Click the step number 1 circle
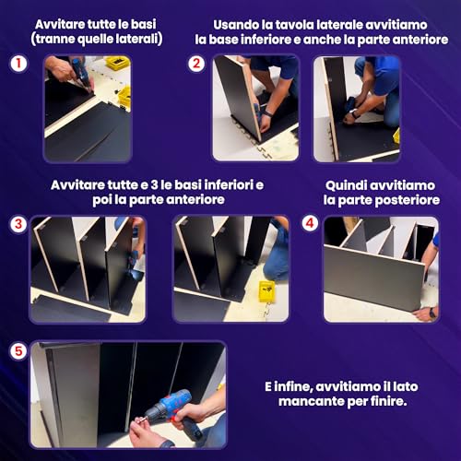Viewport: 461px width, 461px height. [x=18, y=64]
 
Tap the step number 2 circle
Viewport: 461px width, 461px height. [x=196, y=64]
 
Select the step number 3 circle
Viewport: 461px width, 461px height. [x=18, y=224]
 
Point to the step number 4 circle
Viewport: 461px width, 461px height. [x=310, y=223]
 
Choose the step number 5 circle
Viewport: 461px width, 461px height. [x=18, y=351]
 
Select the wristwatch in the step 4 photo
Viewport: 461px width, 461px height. [x=432, y=313]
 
